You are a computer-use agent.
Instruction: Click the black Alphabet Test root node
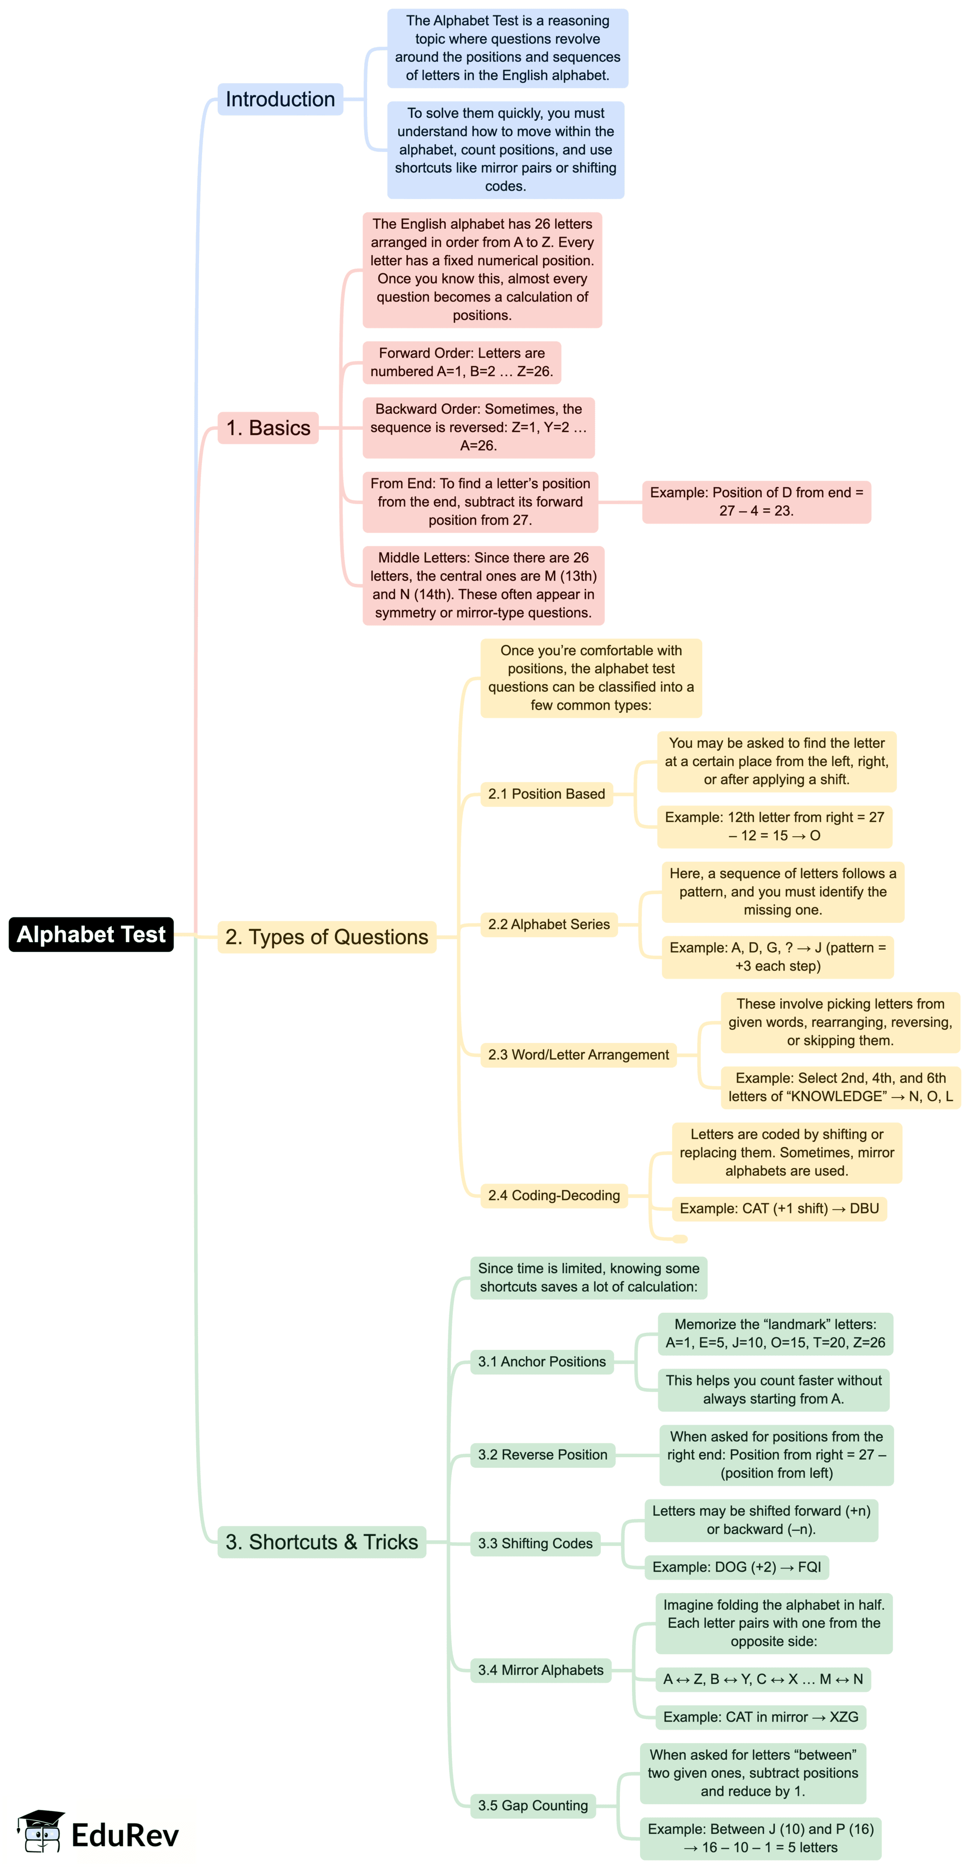[x=91, y=934]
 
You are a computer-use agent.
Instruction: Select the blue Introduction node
[x=280, y=99]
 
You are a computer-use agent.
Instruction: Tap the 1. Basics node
[x=268, y=427]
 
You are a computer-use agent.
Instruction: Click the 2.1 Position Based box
[x=546, y=794]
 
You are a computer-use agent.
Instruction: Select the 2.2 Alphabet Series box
[x=549, y=924]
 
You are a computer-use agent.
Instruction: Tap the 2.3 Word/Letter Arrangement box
[x=578, y=1054]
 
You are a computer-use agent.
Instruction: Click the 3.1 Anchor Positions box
[x=541, y=1361]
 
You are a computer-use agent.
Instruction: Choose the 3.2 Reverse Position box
[x=542, y=1455]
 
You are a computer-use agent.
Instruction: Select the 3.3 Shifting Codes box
[x=535, y=1543]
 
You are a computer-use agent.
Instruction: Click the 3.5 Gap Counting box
[x=533, y=1805]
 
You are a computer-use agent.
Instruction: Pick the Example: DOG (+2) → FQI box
[x=736, y=1567]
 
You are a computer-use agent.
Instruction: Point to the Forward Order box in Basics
[x=461, y=362]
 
